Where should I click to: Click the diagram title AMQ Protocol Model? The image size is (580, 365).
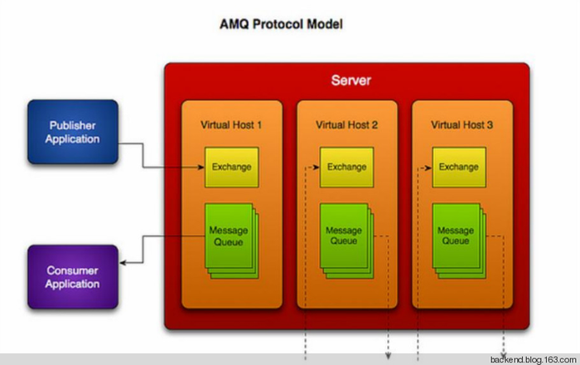[x=281, y=25]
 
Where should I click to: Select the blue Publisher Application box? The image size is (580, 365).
[x=72, y=131]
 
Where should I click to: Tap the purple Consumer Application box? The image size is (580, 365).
[x=72, y=276]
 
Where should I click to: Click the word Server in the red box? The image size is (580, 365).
[x=351, y=81]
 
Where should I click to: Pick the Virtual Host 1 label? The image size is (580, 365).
[x=231, y=125]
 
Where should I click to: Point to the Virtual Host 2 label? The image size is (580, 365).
[x=346, y=125]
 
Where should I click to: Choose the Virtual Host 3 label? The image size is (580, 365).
[x=462, y=125]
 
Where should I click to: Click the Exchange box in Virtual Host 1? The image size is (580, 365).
[x=231, y=167]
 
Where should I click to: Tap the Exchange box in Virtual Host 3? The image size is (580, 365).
[x=459, y=167]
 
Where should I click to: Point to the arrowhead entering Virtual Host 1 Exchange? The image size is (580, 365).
[x=201, y=167]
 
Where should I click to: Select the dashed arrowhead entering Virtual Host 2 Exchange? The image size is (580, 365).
[x=316, y=167]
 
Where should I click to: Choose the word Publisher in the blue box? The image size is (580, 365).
[x=72, y=125]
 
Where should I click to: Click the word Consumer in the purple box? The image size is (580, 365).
[x=72, y=270]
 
